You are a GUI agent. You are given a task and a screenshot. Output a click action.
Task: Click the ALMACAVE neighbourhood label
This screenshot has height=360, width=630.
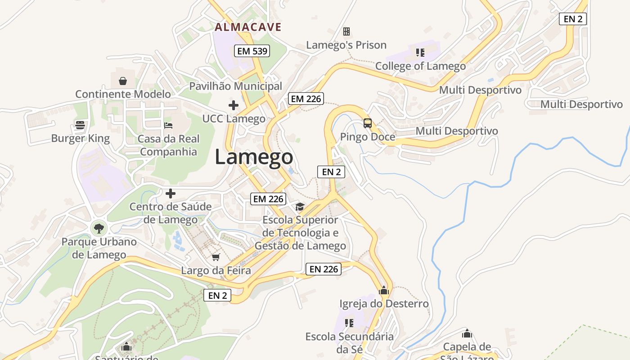(248, 27)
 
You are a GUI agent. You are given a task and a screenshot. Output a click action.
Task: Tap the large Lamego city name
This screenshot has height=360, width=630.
(254, 157)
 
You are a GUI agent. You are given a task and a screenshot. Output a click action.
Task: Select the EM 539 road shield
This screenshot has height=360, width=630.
(252, 51)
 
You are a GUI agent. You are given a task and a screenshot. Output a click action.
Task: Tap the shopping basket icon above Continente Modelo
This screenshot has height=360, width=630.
(122, 81)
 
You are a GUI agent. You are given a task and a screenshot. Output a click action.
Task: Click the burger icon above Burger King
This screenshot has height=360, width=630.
(80, 125)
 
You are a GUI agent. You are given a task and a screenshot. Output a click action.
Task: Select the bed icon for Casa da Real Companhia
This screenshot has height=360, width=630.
(168, 125)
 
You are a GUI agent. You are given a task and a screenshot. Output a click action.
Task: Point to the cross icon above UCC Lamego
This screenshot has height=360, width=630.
(233, 105)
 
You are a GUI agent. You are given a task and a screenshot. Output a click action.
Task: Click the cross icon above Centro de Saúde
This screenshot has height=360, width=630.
(170, 193)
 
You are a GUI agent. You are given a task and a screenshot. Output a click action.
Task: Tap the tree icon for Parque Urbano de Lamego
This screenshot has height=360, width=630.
(99, 228)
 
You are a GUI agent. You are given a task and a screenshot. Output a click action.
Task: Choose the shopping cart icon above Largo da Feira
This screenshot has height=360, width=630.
(216, 257)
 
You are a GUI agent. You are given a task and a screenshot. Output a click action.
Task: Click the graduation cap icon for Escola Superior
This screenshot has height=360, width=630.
(300, 207)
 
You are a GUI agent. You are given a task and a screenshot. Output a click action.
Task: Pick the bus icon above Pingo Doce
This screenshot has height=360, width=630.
(368, 123)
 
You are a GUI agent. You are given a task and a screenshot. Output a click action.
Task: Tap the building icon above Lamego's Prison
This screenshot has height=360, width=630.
(346, 31)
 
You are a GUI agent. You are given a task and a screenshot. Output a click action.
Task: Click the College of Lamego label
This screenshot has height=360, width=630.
(420, 66)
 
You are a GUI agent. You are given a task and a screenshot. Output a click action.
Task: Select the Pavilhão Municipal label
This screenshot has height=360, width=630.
(235, 86)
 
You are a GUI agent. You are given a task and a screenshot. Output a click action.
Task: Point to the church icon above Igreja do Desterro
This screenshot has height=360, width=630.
(384, 290)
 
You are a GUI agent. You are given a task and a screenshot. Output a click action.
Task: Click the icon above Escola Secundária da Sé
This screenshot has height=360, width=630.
(349, 323)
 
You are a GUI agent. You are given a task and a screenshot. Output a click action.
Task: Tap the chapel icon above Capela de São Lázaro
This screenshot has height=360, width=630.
(467, 333)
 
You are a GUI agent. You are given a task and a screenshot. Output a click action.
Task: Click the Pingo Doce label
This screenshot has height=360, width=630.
(367, 137)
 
